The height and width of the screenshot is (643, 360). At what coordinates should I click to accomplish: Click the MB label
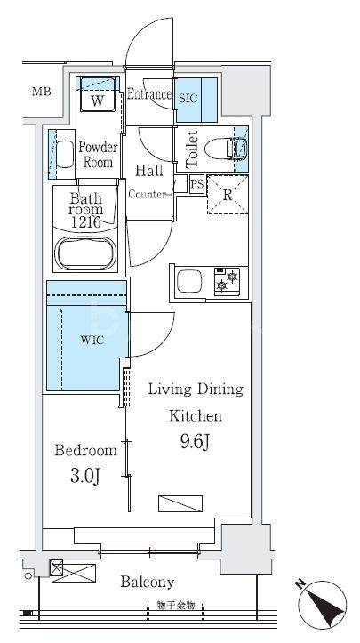tap(42, 92)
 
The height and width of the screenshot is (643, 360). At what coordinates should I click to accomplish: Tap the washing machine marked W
tap(97, 100)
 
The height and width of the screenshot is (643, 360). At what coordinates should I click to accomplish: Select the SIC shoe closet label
tap(188, 98)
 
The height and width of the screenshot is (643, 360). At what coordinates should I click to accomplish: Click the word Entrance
tap(148, 94)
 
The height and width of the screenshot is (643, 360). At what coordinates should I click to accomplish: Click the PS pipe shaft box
tap(197, 184)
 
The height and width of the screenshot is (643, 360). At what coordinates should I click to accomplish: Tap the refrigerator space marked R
tap(228, 195)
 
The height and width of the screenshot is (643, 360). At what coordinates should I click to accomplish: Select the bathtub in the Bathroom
tap(85, 253)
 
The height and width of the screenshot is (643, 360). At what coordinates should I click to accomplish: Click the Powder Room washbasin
tap(64, 154)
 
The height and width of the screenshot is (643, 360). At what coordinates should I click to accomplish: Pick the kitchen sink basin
tap(189, 282)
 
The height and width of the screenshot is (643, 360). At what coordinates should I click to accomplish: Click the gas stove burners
tap(228, 281)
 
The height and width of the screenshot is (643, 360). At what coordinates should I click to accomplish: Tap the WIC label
tap(92, 340)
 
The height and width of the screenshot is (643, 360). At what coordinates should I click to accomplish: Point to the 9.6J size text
tap(195, 442)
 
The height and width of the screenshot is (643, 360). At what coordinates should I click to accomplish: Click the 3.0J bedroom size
tap(85, 476)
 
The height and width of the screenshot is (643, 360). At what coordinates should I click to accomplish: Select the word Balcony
tap(148, 582)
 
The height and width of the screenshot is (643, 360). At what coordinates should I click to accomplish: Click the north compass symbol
tap(323, 605)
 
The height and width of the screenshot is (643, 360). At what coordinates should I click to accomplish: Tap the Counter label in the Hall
tap(148, 195)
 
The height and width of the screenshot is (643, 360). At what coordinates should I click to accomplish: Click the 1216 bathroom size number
tap(85, 222)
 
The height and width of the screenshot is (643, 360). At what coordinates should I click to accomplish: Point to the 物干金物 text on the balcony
tap(175, 606)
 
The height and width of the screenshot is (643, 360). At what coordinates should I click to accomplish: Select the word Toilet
tap(192, 149)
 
